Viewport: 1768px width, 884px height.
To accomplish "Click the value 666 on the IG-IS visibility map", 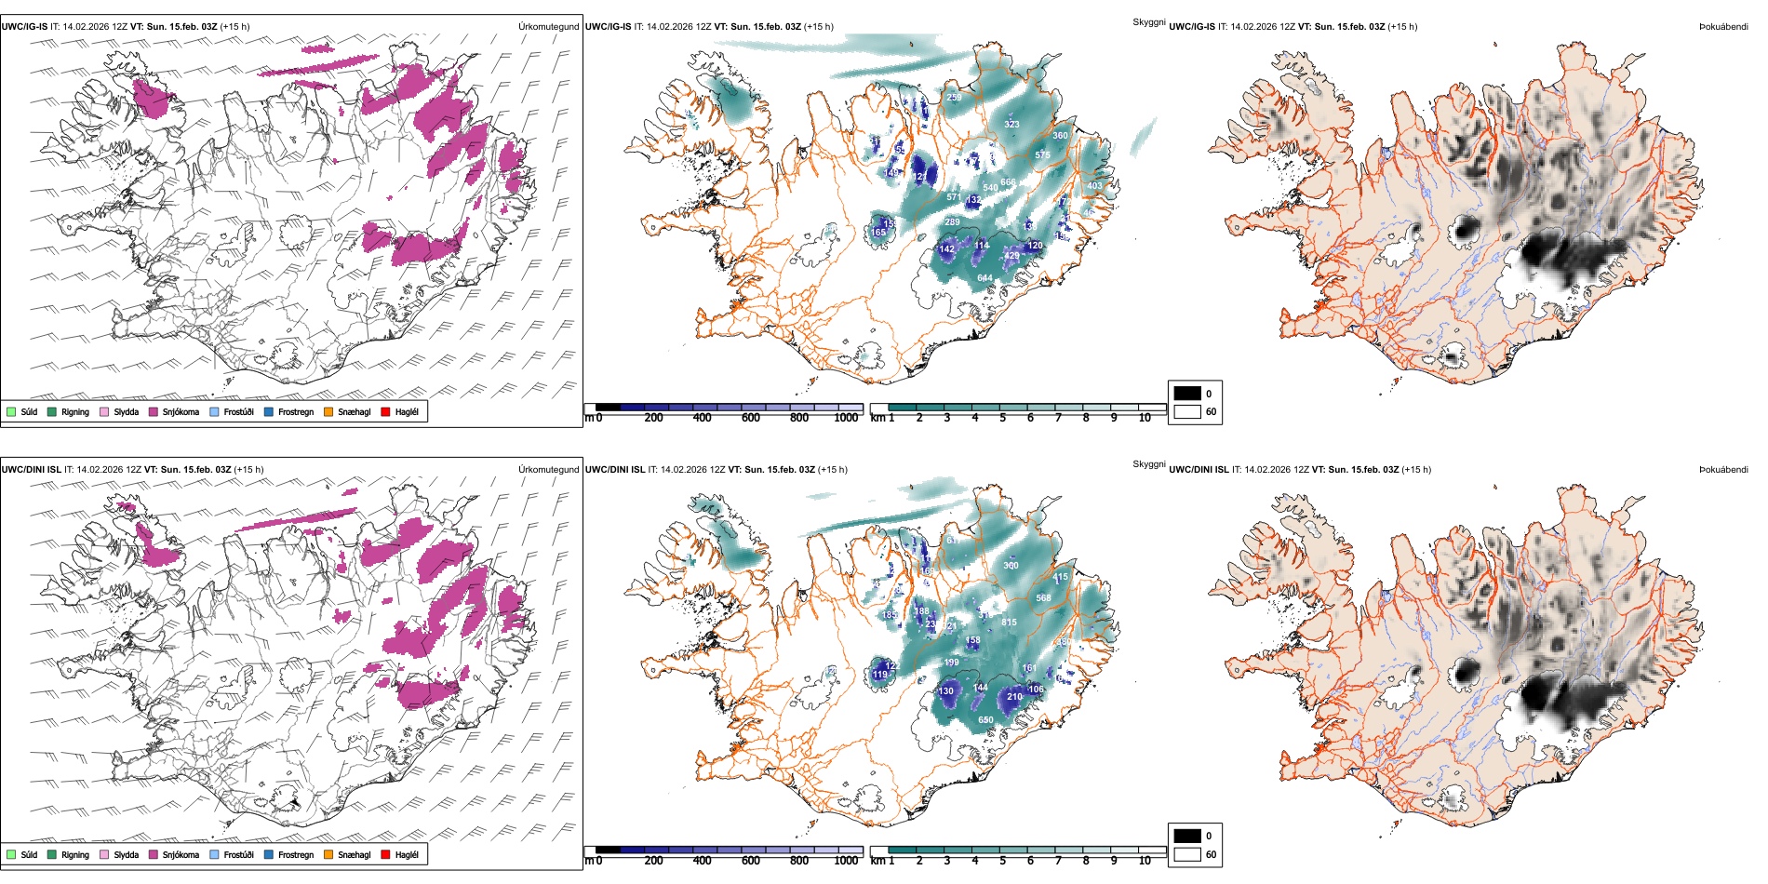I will point(1008,182).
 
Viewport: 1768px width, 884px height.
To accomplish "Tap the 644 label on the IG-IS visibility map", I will point(984,278).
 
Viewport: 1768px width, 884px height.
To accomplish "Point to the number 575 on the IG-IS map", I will point(1042,155).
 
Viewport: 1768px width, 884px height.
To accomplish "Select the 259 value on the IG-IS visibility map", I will point(954,98).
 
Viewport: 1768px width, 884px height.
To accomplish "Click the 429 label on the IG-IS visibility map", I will point(1011,256).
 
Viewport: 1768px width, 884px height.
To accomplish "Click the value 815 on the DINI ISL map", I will point(1009,622).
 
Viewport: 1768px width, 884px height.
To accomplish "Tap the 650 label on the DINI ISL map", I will point(985,719).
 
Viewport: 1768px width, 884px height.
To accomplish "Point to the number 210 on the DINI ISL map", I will point(1014,696).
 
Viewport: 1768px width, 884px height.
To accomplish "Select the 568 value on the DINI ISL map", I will point(1043,598).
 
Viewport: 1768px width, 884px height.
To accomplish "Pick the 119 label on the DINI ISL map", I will point(880,675).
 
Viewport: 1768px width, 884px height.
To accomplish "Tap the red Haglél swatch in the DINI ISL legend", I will point(386,854).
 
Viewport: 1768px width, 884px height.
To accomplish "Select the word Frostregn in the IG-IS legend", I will point(295,412).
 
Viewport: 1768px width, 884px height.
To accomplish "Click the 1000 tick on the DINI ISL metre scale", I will point(846,861).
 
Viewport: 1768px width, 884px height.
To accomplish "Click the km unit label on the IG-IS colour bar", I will point(877,418).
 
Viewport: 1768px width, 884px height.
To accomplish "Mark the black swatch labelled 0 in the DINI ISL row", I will point(1186,836).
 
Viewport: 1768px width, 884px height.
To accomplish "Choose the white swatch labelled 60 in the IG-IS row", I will point(1186,411).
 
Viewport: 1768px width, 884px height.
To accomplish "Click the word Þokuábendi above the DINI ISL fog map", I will point(1723,470).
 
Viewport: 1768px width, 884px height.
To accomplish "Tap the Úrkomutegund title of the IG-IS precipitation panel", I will point(548,27).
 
